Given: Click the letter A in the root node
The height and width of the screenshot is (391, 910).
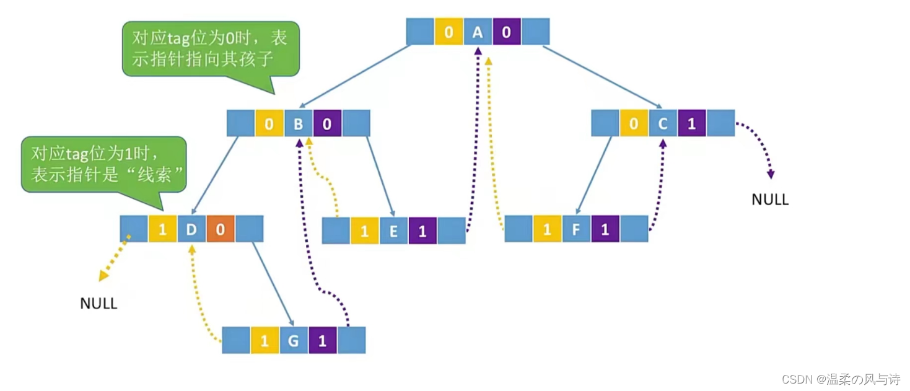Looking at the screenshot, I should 478,32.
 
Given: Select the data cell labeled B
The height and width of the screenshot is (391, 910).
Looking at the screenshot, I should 298,123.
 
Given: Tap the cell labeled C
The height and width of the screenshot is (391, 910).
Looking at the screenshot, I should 662,123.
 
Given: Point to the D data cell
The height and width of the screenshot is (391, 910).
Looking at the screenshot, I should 191,229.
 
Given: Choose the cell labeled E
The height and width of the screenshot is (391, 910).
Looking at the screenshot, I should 393,231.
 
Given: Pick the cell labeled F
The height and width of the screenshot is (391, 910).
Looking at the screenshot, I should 576,229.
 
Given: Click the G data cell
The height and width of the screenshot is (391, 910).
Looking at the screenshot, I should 294,340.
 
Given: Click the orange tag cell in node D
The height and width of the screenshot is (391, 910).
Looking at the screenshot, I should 220,229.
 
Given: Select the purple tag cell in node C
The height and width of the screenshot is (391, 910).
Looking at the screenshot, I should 691,123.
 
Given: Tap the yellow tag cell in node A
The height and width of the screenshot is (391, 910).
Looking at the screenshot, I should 448,32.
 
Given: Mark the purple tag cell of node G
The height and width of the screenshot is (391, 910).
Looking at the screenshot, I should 322,340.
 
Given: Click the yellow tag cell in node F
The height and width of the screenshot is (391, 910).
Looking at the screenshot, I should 547,229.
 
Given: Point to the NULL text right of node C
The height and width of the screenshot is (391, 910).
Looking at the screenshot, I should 770,200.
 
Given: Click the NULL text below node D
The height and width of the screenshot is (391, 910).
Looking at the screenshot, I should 98,304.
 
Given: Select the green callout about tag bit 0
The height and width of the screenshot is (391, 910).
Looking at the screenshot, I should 210,48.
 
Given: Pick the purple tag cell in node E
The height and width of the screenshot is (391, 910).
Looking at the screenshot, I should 422,231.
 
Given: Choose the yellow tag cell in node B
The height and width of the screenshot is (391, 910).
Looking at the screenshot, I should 269,123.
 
